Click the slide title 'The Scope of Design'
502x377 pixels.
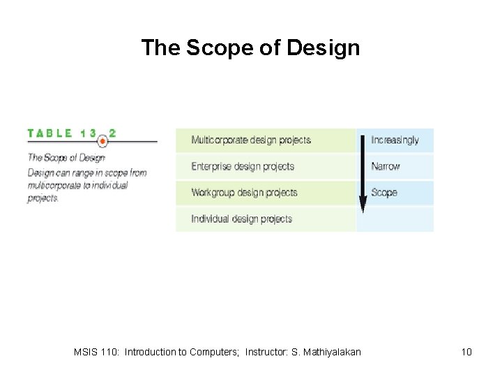[250, 47]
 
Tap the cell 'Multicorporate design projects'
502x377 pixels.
[251, 140]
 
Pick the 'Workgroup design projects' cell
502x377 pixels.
[244, 193]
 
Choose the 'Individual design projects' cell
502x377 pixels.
[241, 219]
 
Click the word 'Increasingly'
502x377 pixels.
[395, 140]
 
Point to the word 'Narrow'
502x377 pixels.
[386, 167]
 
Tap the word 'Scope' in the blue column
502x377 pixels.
[384, 193]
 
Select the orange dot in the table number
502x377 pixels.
[102, 140]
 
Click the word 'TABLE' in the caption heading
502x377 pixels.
[50, 133]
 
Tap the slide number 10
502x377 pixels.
[466, 352]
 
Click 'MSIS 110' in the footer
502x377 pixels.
[96, 352]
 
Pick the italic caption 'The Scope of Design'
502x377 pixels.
[66, 158]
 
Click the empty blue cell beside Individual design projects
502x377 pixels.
[395, 219]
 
